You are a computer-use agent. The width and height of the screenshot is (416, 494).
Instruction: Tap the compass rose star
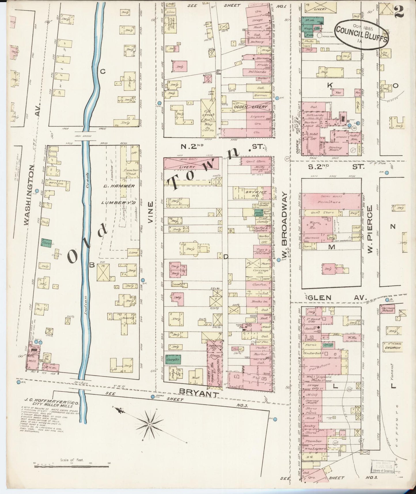click(x=149, y=425)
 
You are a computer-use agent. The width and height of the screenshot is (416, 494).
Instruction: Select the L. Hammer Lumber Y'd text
click(x=118, y=194)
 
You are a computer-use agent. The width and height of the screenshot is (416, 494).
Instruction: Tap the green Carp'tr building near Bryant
click(x=173, y=360)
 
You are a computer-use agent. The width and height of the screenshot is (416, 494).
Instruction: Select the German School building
click(x=388, y=309)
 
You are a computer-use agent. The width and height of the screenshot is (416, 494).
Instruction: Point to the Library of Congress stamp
click(x=382, y=466)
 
